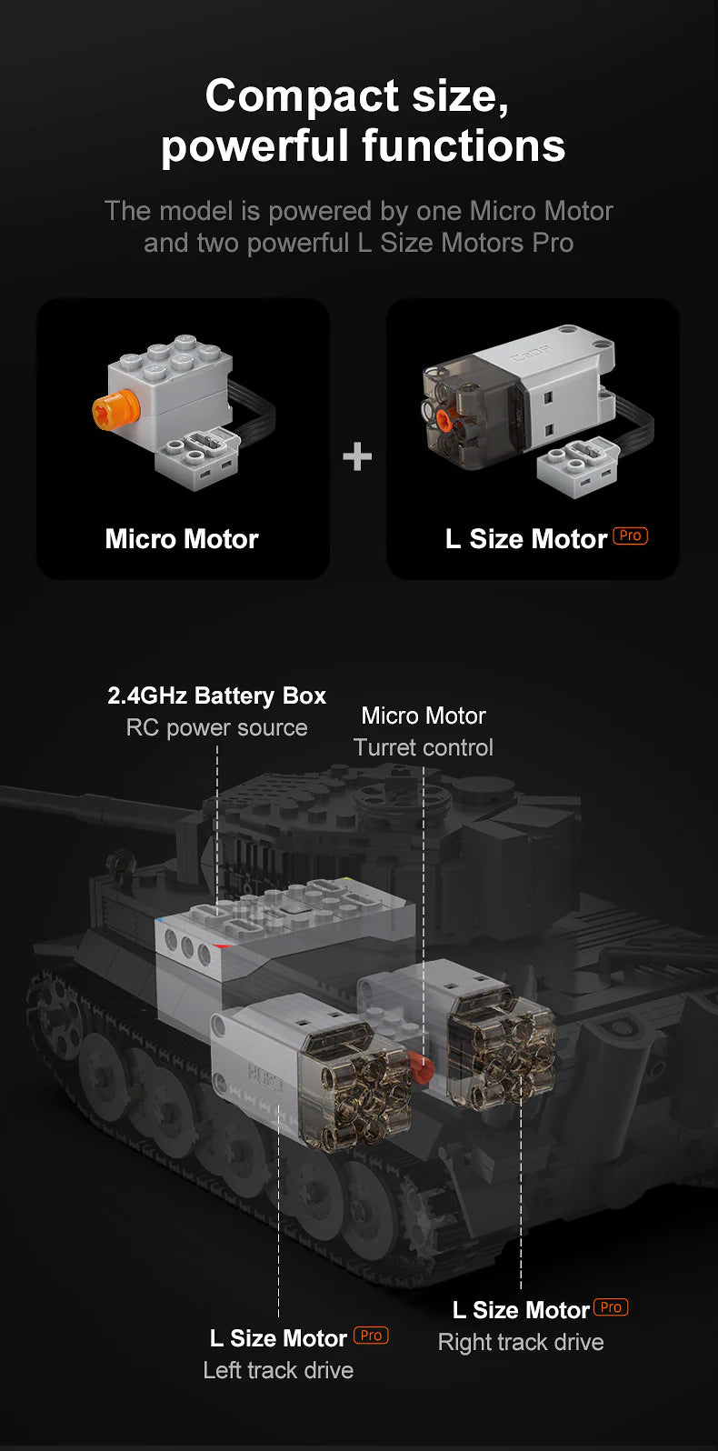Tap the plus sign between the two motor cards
(x=357, y=455)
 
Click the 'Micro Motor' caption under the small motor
(x=182, y=539)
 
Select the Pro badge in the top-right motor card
(x=631, y=535)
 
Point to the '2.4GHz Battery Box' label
(x=216, y=695)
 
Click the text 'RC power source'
(x=216, y=728)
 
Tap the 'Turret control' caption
(x=423, y=747)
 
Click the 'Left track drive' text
(x=278, y=1370)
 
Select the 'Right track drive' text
(x=521, y=1342)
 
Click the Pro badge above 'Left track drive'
(x=371, y=1336)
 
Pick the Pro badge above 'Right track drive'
(x=611, y=1307)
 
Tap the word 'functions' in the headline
(x=464, y=146)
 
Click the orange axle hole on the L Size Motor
(x=444, y=418)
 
